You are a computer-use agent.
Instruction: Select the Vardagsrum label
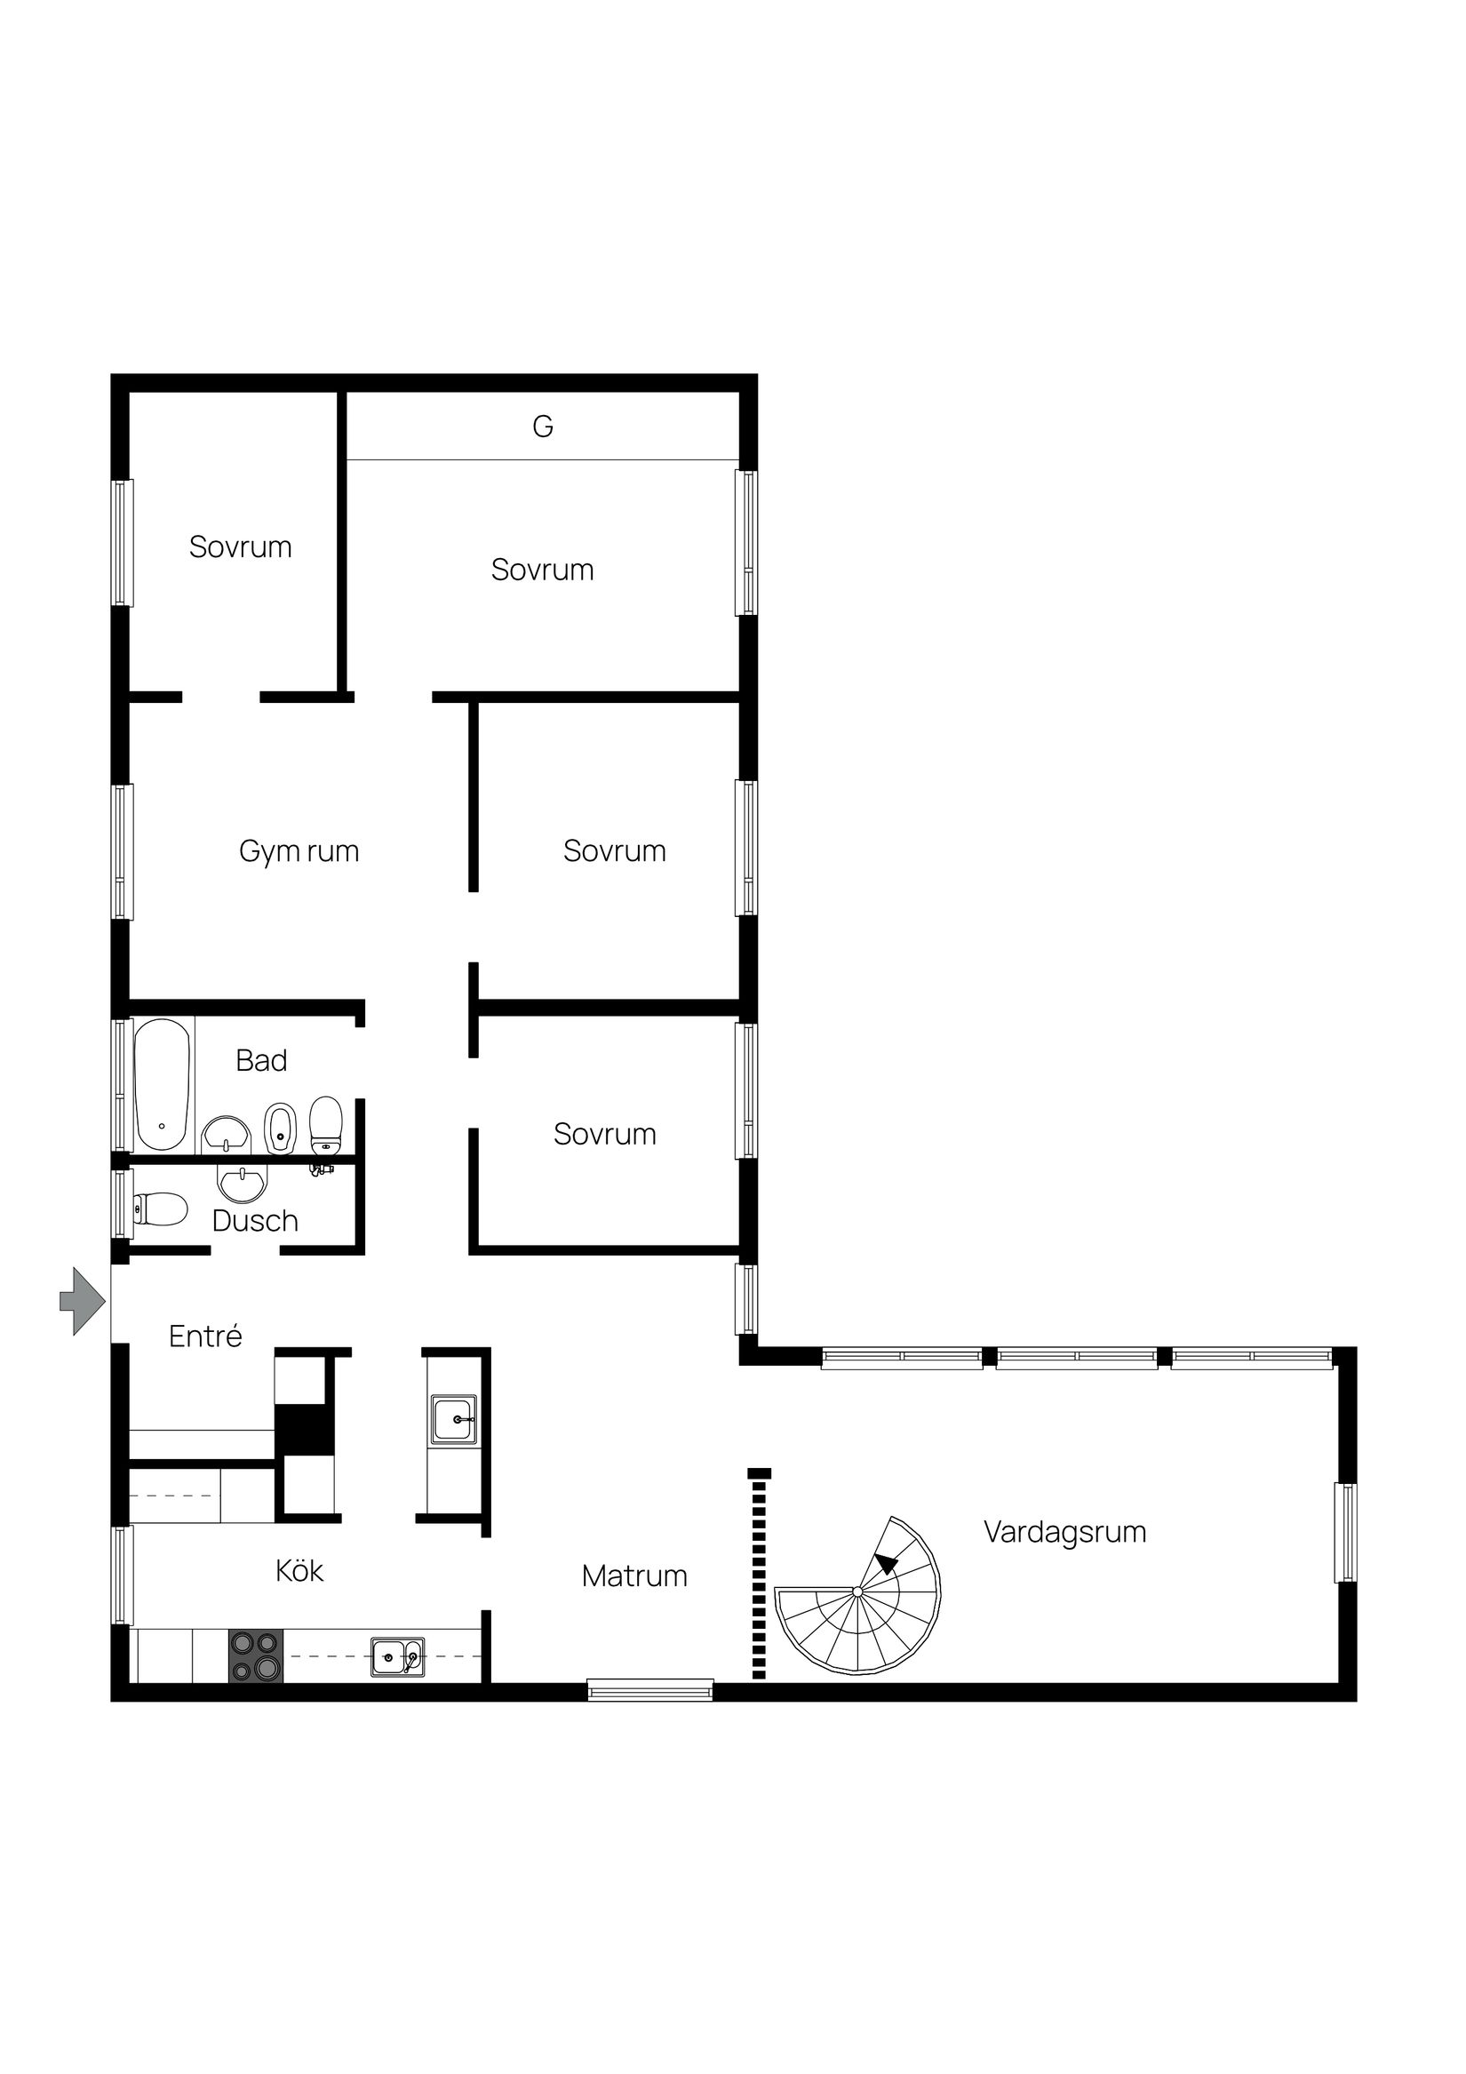coord(1065,1532)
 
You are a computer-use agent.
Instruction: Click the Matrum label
coord(634,1576)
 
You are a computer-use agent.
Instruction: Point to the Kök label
coord(299,1571)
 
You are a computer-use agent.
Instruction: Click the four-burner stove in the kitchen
coord(256,1656)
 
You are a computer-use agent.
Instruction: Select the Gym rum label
coord(299,851)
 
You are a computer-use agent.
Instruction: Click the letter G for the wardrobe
coord(543,427)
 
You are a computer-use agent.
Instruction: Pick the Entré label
coord(205,1336)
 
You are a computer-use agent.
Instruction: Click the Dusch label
coord(255,1221)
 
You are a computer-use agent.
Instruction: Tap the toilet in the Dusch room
coord(161,1209)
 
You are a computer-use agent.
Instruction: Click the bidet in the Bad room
coord(280,1129)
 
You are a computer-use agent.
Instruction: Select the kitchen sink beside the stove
coord(397,1657)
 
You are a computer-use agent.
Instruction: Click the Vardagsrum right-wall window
coord(1346,1533)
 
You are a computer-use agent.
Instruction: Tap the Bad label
coord(261,1060)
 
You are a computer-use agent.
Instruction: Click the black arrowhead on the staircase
coord(887,1564)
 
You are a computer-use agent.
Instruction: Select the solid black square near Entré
coord(305,1429)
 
